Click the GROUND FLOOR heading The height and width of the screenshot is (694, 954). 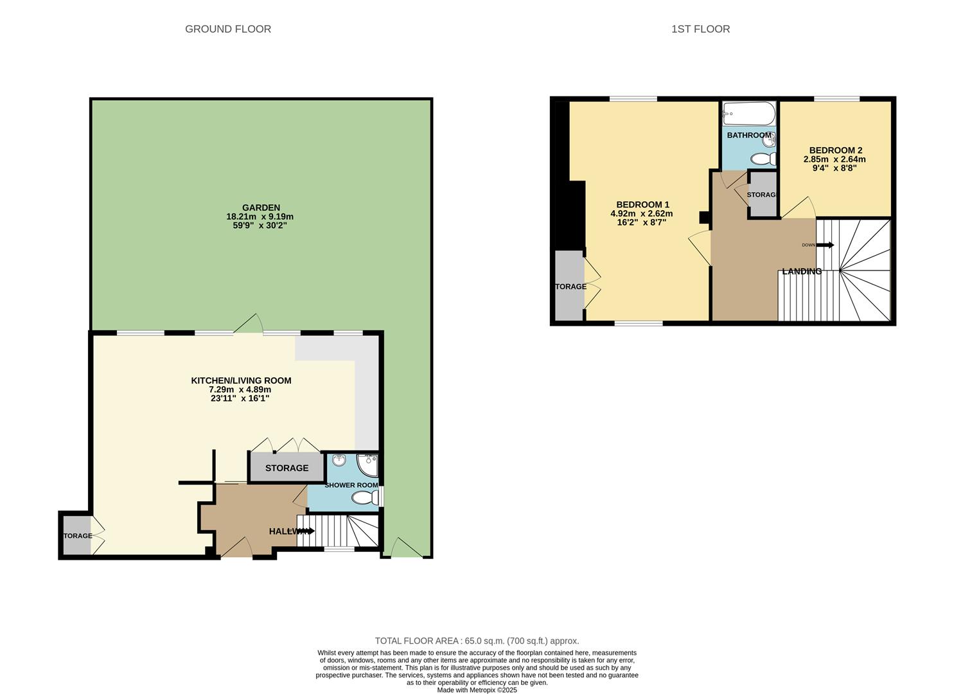pyautogui.click(x=228, y=29)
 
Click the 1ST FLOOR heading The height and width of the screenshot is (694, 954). pyautogui.click(x=700, y=29)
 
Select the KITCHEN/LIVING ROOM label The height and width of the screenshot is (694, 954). pyautogui.click(x=241, y=380)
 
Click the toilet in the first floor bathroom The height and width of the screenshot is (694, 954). pyautogui.click(x=763, y=159)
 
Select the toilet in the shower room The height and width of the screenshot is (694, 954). pyautogui.click(x=365, y=498)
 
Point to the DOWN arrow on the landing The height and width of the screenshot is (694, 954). pyautogui.click(x=825, y=245)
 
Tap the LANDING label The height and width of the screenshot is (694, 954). pyautogui.click(x=801, y=271)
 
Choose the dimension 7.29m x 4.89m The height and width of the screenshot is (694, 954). pyautogui.click(x=241, y=389)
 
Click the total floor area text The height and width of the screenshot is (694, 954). pyautogui.click(x=477, y=641)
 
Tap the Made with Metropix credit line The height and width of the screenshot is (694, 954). pyautogui.click(x=477, y=690)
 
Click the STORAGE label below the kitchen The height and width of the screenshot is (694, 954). pyautogui.click(x=287, y=468)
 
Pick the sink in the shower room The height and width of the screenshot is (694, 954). pyautogui.click(x=339, y=460)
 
